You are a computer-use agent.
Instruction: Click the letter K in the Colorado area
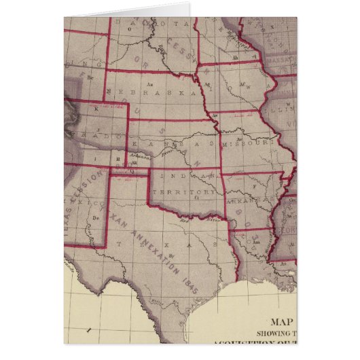point(95,109)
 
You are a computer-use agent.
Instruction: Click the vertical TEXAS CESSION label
point(88,192)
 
